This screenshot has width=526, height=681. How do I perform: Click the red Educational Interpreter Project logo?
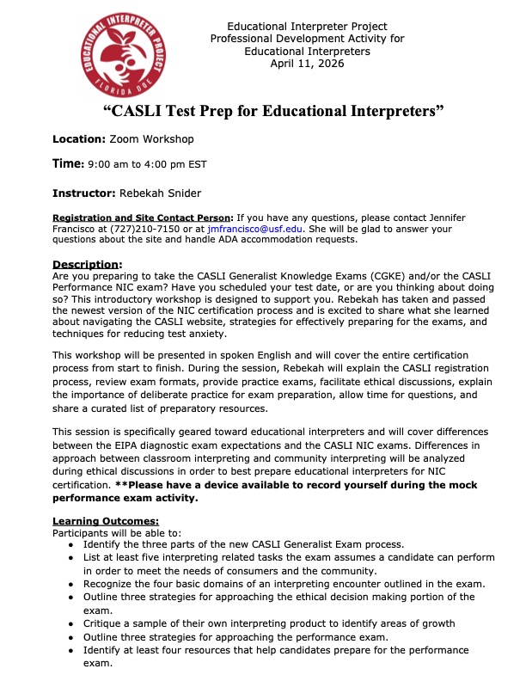coord(121,58)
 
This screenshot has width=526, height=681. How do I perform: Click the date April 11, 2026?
coord(307,63)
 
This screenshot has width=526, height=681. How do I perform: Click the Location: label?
coord(79,138)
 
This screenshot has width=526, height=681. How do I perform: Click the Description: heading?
coord(88,263)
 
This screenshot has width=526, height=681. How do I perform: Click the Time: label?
coord(67,163)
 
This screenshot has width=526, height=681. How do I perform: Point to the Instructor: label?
coord(83,194)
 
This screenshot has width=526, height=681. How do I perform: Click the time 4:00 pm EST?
coord(182,164)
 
